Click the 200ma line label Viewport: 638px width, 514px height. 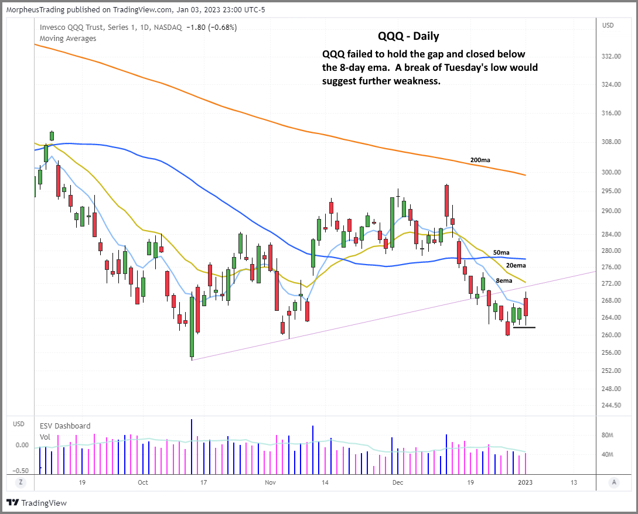pyautogui.click(x=480, y=160)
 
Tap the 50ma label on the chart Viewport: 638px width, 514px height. pyautogui.click(x=501, y=252)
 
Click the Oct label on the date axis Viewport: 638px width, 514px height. pyautogui.click(x=143, y=482)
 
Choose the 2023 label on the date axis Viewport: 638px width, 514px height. pyautogui.click(x=526, y=482)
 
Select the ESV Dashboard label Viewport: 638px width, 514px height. pyautogui.click(x=65, y=426)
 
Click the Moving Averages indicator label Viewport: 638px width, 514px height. pyautogui.click(x=68, y=38)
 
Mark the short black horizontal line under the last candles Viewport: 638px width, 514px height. pyautogui.click(x=524, y=327)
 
